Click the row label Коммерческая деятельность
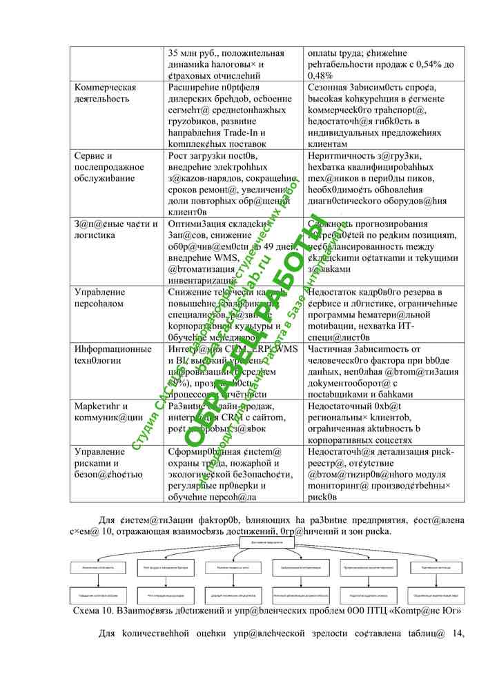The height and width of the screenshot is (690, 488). pos(105,93)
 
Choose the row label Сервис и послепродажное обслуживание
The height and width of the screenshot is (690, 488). pos(109,167)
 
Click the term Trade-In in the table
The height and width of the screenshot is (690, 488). pos(242,132)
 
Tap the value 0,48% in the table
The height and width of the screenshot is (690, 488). pos(320,75)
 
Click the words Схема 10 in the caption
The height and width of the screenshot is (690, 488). pos(92,611)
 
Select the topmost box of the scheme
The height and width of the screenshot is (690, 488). pos(267,544)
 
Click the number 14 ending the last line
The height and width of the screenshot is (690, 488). pos(458,634)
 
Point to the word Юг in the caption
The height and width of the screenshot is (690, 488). pos(451,611)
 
